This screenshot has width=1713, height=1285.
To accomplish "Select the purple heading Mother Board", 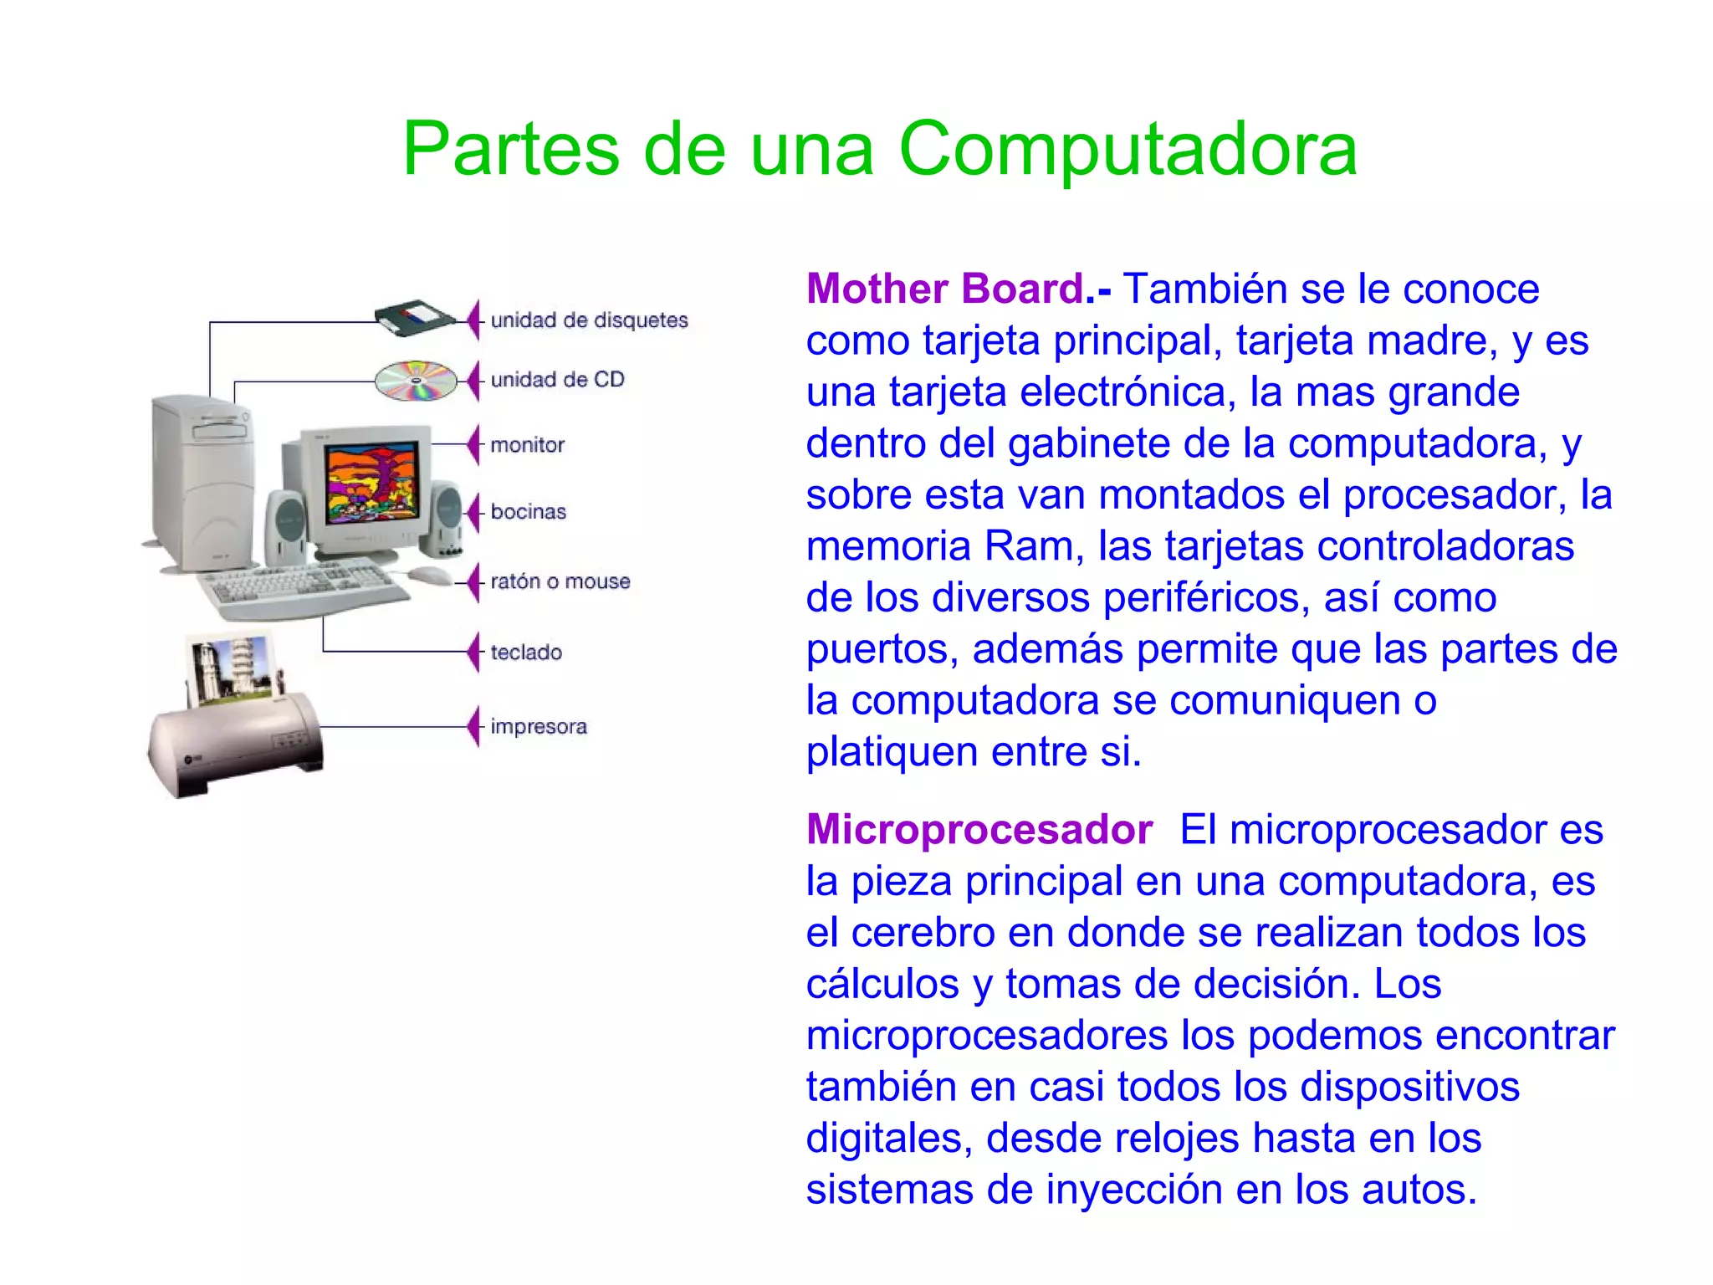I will [945, 289].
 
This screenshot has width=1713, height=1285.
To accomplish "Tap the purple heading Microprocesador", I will [979, 830].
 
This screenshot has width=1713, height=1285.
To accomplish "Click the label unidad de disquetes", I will [589, 320].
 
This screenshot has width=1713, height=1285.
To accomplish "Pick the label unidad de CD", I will [557, 380].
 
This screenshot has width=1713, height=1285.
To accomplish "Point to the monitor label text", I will [527, 445].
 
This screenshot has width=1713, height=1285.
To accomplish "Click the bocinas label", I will [528, 512].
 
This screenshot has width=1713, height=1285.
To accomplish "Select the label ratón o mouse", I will [560, 581].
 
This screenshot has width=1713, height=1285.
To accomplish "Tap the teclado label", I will [525, 653].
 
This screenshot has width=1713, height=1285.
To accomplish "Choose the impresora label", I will [538, 726].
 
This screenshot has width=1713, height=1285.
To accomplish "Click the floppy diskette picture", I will [414, 317].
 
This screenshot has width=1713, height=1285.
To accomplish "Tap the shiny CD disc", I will [416, 381].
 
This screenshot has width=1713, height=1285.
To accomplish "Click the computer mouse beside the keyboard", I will [429, 575].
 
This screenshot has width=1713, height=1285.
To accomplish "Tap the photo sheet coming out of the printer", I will [233, 666].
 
